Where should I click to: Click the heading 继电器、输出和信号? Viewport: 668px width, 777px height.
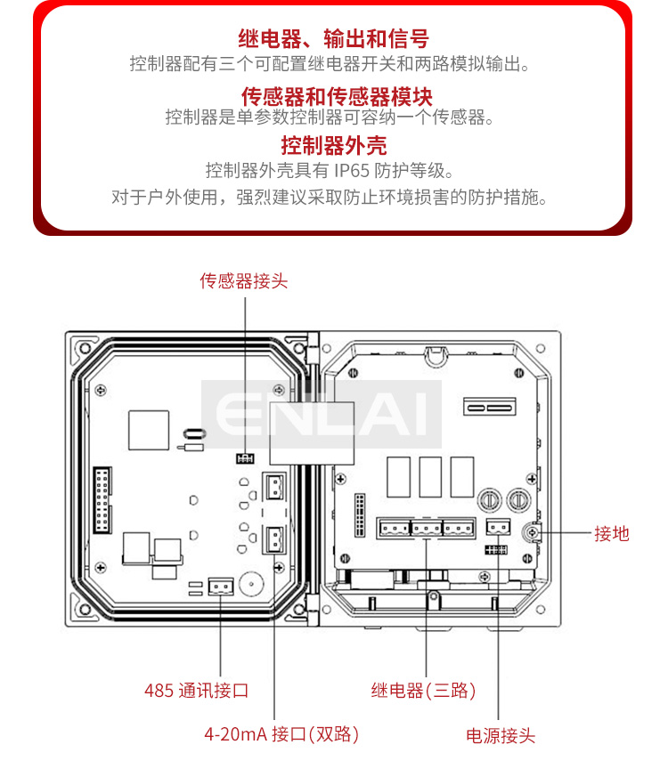coord(334,38)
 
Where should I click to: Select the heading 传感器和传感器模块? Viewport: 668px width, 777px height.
coord(337,96)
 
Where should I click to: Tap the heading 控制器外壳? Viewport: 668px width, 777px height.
coord(334,145)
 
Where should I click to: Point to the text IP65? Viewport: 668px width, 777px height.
coord(352,171)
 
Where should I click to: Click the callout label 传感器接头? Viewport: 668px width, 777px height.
coord(243,281)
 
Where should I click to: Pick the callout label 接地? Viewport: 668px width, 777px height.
coord(612,534)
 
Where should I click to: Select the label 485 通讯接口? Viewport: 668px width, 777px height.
coord(196,691)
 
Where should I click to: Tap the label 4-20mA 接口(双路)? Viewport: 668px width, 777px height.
coord(281,734)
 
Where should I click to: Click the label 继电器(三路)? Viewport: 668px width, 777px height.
coord(424,691)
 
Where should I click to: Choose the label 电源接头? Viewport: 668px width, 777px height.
coord(501,736)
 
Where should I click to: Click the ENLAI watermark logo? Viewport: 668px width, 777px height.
coord(322,414)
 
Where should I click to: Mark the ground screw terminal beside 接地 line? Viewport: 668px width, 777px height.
coord(532,533)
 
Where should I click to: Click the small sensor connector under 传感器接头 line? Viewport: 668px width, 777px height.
coord(245,458)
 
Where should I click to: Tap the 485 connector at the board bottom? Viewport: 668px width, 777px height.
coord(221,587)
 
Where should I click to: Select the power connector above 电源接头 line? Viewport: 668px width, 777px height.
coord(498,527)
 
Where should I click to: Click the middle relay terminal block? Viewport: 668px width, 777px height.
coord(427,529)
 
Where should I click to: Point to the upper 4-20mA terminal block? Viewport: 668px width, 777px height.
coord(274,486)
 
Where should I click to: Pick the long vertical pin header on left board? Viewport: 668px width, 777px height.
coord(102,500)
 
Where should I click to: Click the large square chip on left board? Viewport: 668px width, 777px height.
coord(149,430)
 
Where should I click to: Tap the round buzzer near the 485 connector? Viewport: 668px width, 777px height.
coord(251,585)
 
